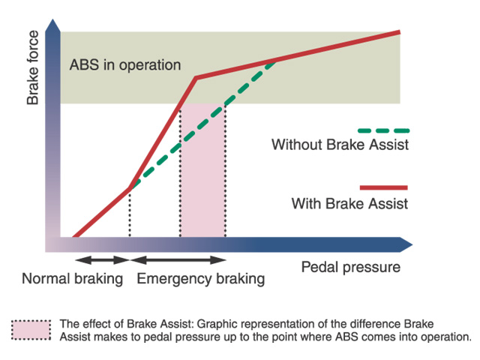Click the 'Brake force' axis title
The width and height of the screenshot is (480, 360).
pyautogui.click(x=33, y=67)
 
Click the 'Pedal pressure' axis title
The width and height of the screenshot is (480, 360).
pyautogui.click(x=351, y=268)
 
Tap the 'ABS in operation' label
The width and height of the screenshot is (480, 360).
pyautogui.click(x=125, y=65)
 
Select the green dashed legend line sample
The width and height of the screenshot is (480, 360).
pyautogui.click(x=383, y=130)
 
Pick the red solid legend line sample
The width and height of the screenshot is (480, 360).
pyautogui.click(x=383, y=187)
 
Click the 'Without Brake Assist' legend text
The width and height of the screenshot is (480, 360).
pyautogui.click(x=340, y=145)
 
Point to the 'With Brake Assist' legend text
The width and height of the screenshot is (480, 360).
pyautogui.click(x=349, y=203)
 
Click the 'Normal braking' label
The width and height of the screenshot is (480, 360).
pyautogui.click(x=73, y=279)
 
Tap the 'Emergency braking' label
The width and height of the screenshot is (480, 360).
pyautogui.click(x=201, y=279)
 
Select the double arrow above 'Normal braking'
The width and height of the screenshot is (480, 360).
pyautogui.click(x=103, y=260)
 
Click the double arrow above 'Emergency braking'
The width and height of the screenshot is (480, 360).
pyautogui.click(x=178, y=260)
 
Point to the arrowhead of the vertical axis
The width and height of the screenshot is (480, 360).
pyautogui.click(x=53, y=25)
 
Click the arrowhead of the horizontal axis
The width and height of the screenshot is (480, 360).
pyautogui.click(x=406, y=244)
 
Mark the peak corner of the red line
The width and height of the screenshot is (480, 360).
pyautogui.click(x=196, y=78)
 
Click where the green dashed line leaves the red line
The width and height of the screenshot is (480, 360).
pyautogui.click(x=130, y=188)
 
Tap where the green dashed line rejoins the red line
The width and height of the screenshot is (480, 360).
pyautogui.click(x=275, y=60)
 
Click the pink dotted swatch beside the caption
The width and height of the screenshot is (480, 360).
pyautogui.click(x=31, y=330)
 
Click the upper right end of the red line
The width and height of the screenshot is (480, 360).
pyautogui.click(x=400, y=31)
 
